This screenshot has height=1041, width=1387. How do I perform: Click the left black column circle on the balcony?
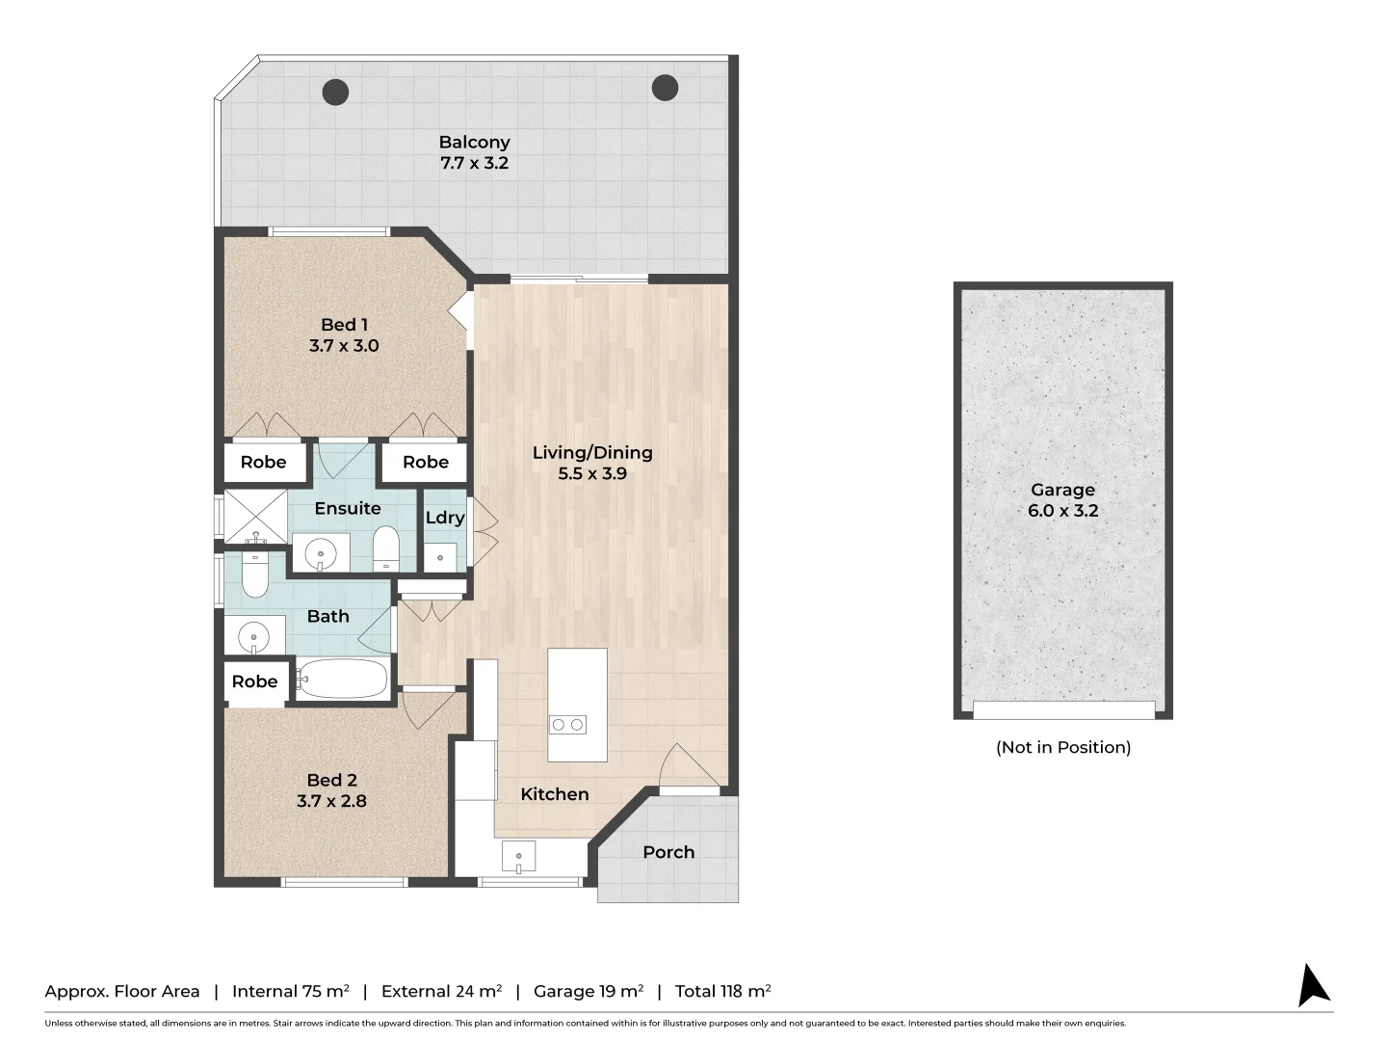pos(335,93)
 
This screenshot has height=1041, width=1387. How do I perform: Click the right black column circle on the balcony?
pos(665,88)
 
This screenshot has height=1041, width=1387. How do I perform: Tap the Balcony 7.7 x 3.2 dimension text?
pos(474,164)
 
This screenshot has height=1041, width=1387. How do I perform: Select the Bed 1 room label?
pos(344,325)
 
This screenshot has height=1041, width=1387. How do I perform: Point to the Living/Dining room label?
pos(592,452)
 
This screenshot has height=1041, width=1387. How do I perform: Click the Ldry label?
pos(445,518)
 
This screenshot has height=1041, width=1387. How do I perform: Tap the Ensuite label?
pos(348,508)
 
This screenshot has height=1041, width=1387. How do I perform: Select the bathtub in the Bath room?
pos(343,679)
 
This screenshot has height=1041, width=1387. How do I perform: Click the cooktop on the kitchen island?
pos(567,725)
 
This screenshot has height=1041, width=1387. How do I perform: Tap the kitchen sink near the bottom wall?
pos(518,856)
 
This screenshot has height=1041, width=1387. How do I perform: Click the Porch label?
pos(668,852)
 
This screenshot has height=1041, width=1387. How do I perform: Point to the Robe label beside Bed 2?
pos(254,681)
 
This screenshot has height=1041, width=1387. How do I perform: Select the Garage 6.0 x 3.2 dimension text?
pos(1062,511)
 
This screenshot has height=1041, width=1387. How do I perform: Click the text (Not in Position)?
pos(1062,747)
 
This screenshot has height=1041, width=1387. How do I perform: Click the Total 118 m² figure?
pos(722,991)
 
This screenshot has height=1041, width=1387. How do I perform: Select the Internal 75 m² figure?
pos(290,991)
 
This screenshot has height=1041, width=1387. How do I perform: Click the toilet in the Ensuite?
pos(385,548)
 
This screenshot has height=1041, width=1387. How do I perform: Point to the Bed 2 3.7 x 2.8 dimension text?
pos(331,801)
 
